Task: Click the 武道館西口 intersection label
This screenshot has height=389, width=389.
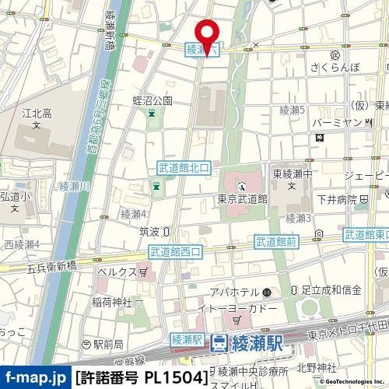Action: (x=175, y=251)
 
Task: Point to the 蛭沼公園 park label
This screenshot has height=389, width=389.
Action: (x=152, y=100)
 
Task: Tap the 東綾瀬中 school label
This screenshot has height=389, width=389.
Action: (x=289, y=173)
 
